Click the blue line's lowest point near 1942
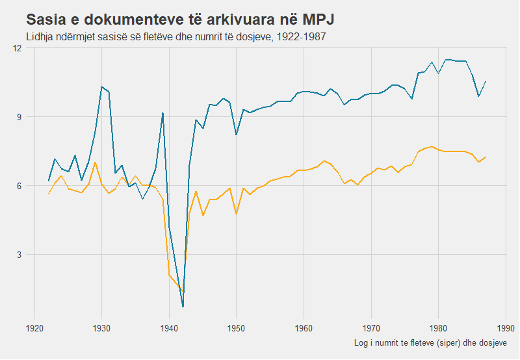click(183, 306)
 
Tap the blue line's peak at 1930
click(101, 86)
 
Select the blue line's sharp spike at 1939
click(162, 113)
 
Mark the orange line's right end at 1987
click(486, 157)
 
